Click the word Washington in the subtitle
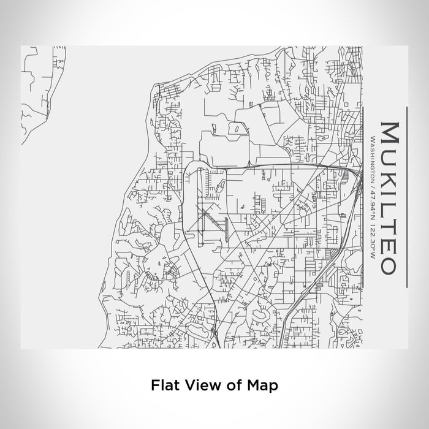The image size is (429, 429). (x=373, y=152)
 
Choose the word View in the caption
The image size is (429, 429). (x=202, y=385)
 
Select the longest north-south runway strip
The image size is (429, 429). (x=200, y=202)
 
